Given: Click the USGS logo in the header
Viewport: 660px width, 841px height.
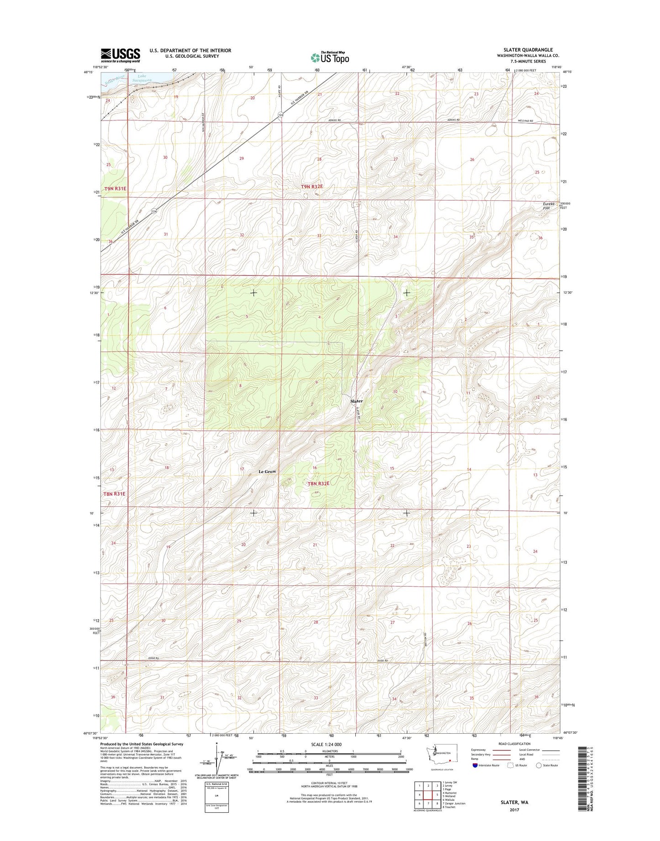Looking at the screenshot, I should [x=120, y=55].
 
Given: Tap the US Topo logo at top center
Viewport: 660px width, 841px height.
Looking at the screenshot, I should [x=330, y=57].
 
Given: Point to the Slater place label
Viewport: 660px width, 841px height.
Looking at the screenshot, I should [x=356, y=401].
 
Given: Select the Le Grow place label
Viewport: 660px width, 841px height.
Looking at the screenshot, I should [x=267, y=471].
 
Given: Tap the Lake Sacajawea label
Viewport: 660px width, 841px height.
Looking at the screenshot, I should [x=140, y=78].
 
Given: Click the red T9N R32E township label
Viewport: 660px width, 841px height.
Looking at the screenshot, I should [x=312, y=187].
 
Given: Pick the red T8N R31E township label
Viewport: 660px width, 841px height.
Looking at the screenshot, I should [x=114, y=494].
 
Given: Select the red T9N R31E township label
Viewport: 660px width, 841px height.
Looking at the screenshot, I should [x=115, y=188].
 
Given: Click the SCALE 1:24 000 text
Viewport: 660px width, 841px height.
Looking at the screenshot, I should [x=327, y=744].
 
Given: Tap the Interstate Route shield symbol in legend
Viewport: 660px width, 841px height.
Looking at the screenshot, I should [x=475, y=765].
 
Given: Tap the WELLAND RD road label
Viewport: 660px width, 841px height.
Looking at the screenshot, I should [x=526, y=121].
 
